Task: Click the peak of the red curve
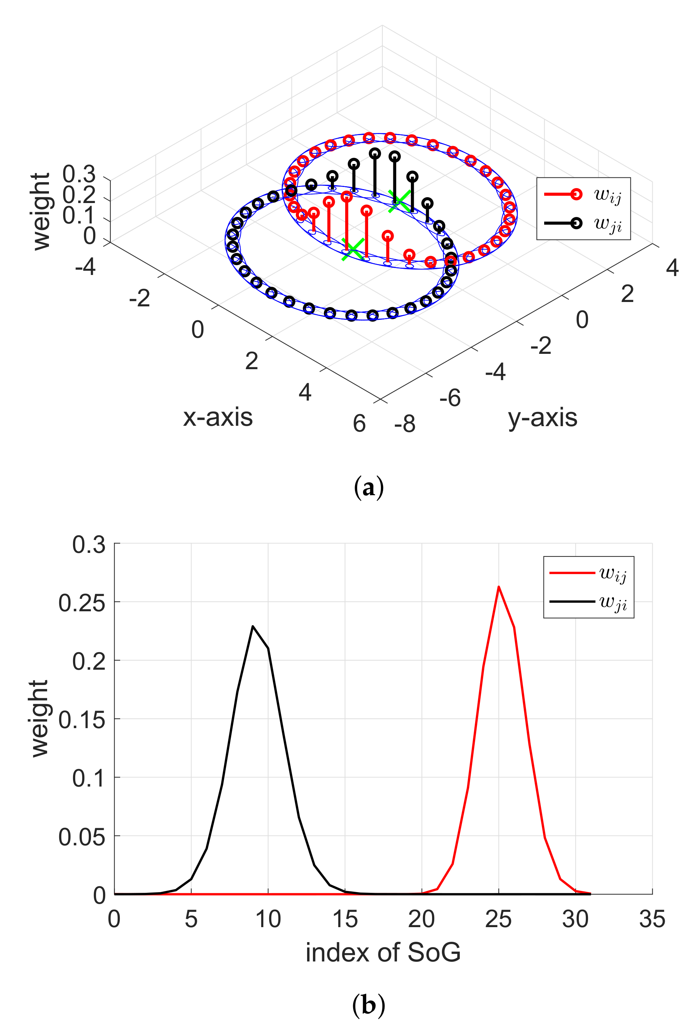coord(498,586)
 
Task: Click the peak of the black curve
coord(253,626)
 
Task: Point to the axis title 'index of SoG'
coord(383,953)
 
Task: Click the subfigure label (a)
coord(368,487)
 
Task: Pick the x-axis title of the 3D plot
coord(218,417)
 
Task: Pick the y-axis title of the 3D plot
coord(542,417)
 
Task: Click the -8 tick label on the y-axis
coord(405,424)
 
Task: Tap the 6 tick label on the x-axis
coord(359,424)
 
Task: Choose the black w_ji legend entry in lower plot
coord(588,602)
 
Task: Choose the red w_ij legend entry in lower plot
coord(588,573)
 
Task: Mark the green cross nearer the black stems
coord(400,201)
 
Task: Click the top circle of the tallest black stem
coord(375,153)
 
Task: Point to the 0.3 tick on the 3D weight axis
coord(79,174)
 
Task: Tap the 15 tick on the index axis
coord(345,919)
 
